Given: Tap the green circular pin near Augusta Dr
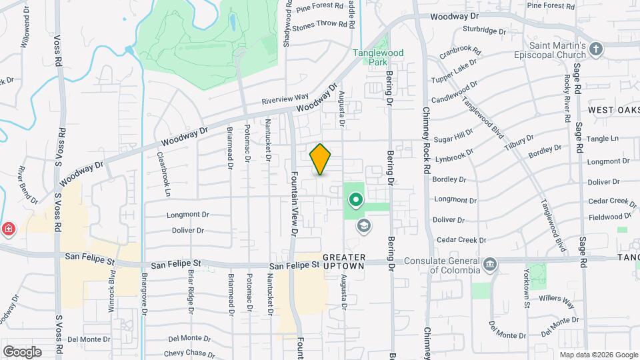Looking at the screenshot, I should pyautogui.click(x=356, y=199).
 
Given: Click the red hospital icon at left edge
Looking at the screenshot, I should pyautogui.click(x=8, y=229).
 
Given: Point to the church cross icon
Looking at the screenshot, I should pyautogui.click(x=596, y=49).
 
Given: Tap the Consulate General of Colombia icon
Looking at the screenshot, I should pyautogui.click(x=491, y=264).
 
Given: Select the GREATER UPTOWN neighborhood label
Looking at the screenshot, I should pyautogui.click(x=344, y=261).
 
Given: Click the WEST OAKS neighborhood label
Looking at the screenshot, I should pyautogui.click(x=613, y=109).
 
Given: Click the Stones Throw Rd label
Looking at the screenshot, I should pyautogui.click(x=321, y=25).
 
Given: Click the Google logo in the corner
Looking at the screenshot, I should pyautogui.click(x=22, y=351).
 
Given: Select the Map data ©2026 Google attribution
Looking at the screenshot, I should pyautogui.click(x=598, y=355).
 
